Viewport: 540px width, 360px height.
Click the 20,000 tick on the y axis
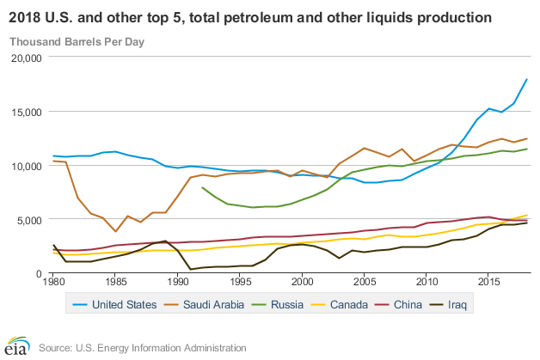coord(25,58)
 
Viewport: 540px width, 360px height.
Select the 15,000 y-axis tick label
coord(25,112)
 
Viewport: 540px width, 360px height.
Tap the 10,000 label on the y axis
coord(25,166)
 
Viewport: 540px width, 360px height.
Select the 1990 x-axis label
coord(178,282)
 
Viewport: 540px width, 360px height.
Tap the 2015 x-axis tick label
coord(489,282)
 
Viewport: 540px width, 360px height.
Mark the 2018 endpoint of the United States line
coord(526,80)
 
